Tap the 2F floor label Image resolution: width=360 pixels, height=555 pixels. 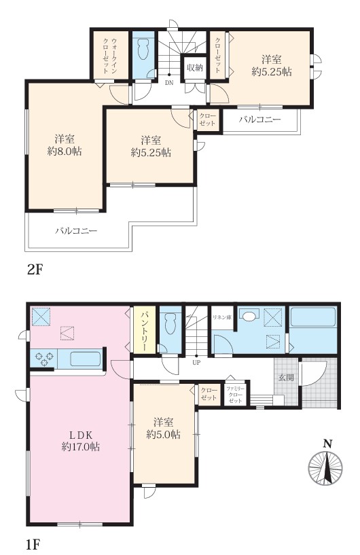[35, 270]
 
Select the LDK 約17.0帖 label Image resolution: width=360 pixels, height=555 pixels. [81, 440]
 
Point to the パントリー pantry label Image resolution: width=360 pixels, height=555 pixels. [145, 332]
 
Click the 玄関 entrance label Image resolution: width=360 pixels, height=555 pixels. [286, 378]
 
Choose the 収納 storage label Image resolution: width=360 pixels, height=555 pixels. [195, 67]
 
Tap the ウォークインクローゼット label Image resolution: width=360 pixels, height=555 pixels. [110, 56]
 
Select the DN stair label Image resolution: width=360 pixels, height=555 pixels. [169, 83]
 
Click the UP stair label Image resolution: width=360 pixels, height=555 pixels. [196, 363]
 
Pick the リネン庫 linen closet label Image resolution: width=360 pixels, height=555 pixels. [222, 317]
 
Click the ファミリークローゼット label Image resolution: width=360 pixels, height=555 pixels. [236, 394]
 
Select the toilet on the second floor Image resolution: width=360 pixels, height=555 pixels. [144, 50]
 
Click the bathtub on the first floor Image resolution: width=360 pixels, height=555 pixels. [313, 317]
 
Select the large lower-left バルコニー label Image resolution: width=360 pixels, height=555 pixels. [76, 231]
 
